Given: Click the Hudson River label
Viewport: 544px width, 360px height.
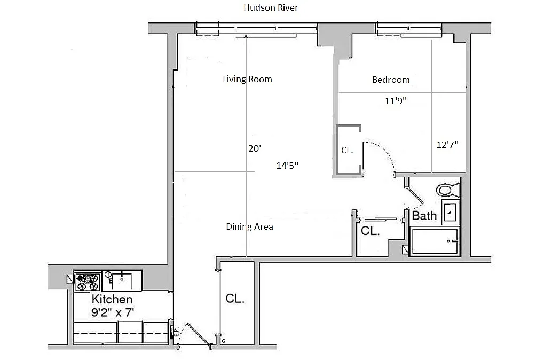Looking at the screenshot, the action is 271,7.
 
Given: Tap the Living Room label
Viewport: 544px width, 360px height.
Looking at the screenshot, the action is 247,79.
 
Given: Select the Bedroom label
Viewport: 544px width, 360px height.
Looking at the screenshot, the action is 391,80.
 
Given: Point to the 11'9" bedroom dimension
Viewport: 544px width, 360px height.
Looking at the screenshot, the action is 396,100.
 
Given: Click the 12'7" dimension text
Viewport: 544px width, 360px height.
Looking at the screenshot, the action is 447,144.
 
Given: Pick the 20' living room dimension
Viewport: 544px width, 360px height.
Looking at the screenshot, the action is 255,148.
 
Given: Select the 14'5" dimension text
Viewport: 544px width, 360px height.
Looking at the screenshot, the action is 287,166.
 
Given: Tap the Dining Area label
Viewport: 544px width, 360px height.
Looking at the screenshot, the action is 249,226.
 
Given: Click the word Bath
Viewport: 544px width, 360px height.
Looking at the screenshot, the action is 424,216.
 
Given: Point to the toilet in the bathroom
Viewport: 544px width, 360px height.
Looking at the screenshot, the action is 448,190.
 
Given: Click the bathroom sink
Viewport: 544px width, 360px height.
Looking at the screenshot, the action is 451,212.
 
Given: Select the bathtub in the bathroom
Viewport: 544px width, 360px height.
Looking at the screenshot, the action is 435,241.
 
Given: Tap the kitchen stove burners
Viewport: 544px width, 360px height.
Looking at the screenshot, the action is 88,282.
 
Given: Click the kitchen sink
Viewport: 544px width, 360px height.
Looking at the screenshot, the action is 122,281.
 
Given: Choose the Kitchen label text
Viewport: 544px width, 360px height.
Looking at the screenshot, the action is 112,299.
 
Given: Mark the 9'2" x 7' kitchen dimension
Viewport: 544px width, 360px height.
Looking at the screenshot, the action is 113,312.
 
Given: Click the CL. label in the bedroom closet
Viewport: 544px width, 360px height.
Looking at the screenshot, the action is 347,150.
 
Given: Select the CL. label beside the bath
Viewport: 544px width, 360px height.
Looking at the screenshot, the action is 370,231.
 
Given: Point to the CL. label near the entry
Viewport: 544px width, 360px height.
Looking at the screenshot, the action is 235,299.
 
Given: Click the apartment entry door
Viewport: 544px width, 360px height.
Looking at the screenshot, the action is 199,335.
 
